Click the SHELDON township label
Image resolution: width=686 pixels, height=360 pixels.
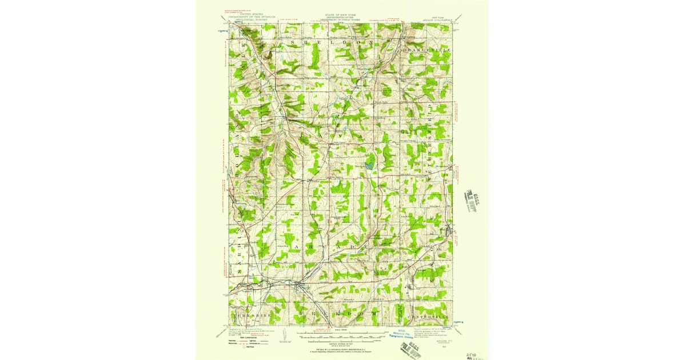[332, 43]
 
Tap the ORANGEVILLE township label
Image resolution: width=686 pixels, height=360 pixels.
[426, 50]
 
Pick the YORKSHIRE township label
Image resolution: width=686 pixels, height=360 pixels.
[251, 315]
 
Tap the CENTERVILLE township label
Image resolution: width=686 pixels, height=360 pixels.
[429, 316]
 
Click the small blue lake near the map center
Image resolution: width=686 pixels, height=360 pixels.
[369, 166]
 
